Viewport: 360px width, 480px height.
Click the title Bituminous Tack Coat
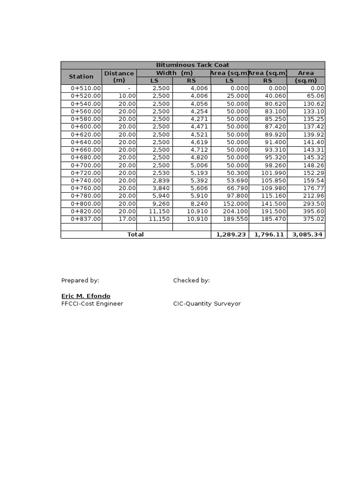click(x=193, y=65)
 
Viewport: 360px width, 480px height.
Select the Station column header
click(x=81, y=76)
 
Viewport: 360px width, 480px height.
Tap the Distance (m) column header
click(x=119, y=76)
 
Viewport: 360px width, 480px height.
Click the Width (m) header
click(x=174, y=73)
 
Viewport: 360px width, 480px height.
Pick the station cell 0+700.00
click(x=86, y=165)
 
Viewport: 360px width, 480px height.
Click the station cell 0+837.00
click(x=86, y=219)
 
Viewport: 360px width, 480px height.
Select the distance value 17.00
click(x=127, y=219)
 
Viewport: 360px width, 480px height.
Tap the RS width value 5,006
click(x=199, y=165)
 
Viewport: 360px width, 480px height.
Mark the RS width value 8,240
click(x=199, y=203)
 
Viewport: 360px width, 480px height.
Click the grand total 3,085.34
click(x=307, y=234)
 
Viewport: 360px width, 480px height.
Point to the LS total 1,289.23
click(x=231, y=234)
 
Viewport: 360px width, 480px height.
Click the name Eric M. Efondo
click(x=86, y=296)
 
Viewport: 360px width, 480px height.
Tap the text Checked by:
click(x=191, y=280)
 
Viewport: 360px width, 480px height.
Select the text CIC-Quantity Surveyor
click(x=207, y=304)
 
